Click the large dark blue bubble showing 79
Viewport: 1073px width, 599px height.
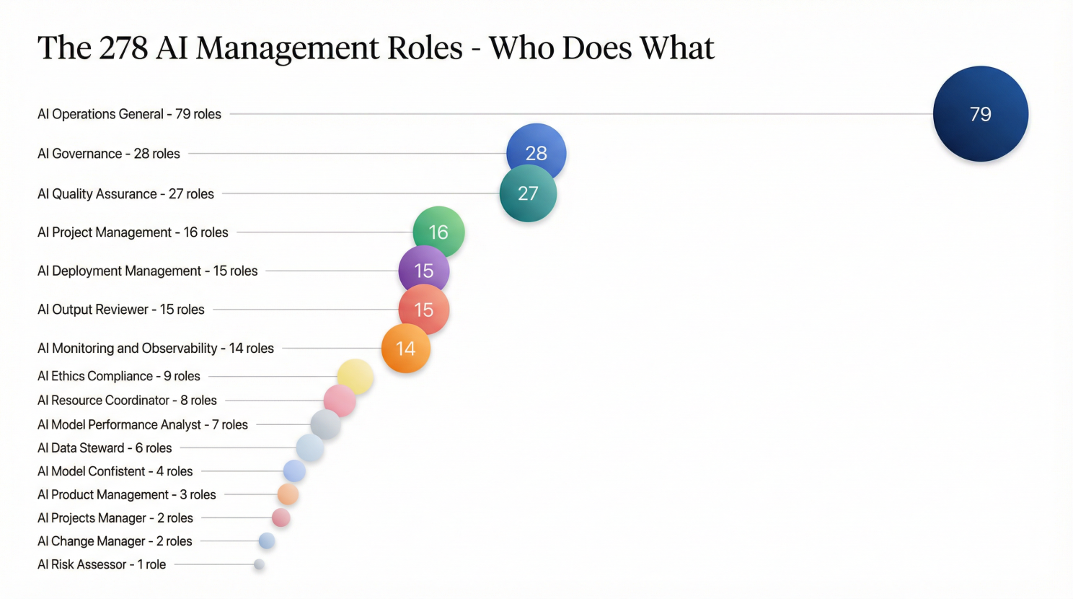pos(980,114)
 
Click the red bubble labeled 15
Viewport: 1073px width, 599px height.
pos(424,310)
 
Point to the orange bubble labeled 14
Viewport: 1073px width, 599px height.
pos(406,349)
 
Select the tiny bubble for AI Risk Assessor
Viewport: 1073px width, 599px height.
pos(259,564)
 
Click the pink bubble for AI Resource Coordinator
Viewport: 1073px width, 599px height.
pos(340,401)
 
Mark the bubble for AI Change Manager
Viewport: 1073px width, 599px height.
pos(267,541)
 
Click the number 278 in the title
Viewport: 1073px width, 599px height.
pos(123,48)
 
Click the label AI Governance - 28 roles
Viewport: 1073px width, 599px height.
pos(109,154)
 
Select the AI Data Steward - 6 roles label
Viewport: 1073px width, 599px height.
pos(105,448)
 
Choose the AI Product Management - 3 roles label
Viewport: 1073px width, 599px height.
pos(127,494)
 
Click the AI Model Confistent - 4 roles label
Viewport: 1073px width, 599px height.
pos(115,471)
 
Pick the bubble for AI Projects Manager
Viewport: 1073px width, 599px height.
pos(281,517)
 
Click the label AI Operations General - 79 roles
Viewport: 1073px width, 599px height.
pos(129,114)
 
